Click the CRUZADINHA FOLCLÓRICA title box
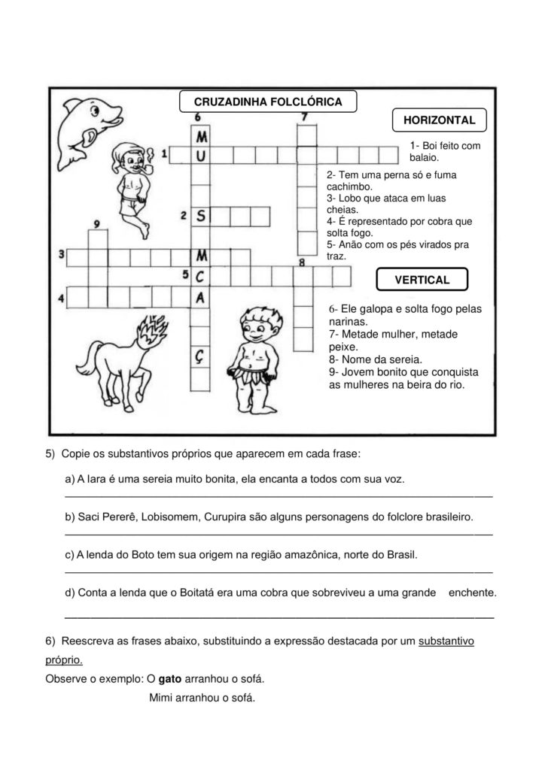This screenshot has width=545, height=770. click(x=268, y=102)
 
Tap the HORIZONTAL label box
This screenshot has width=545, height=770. click(x=440, y=120)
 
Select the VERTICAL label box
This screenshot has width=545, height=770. click(x=422, y=280)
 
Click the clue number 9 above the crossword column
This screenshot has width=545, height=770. click(x=97, y=223)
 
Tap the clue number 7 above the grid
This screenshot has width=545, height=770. click(x=304, y=117)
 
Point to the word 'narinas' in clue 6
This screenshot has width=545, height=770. click(x=349, y=321)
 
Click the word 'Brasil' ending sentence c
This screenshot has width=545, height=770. click(x=399, y=555)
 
